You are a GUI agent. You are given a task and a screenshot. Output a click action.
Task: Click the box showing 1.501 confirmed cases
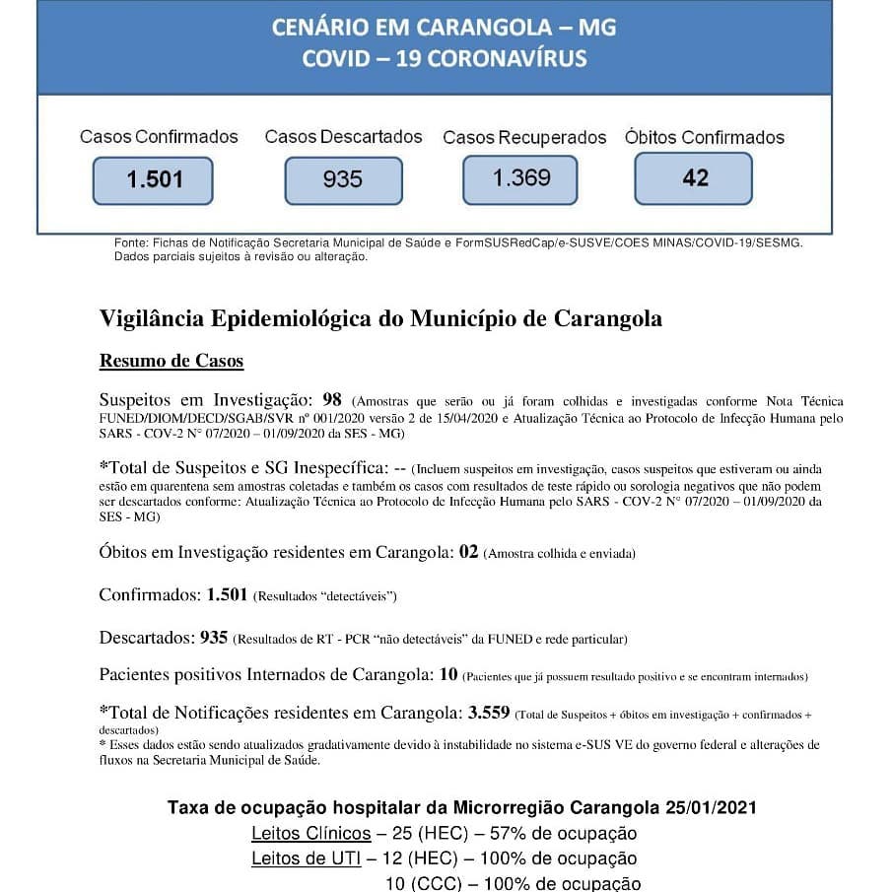coord(153,180)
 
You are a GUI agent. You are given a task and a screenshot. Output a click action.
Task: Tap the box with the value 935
coord(343,180)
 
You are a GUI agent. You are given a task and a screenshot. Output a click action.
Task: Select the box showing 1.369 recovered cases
coord(521,178)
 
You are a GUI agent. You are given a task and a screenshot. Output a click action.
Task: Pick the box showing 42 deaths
coord(694,177)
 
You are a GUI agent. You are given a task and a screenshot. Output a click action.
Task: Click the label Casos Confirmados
coord(159,137)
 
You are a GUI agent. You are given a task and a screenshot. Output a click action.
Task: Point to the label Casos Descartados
coord(343,137)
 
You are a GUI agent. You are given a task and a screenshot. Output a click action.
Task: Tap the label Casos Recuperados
coord(524,138)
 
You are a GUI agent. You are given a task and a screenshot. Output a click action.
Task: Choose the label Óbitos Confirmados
coord(705,138)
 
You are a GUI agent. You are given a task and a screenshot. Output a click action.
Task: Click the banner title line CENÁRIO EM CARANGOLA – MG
coord(444,28)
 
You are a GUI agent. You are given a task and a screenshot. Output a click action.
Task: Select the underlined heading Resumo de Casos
coord(172,361)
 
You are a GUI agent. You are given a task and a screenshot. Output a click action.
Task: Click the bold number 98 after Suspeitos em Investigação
coord(332,399)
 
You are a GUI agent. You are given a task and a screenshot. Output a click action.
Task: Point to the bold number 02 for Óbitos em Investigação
coord(468,551)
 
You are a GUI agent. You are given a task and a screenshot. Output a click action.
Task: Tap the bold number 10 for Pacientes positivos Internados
coord(448,674)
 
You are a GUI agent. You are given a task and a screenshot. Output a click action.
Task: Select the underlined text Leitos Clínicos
coord(311,834)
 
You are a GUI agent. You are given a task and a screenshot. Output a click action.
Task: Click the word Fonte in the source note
coord(131,242)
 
